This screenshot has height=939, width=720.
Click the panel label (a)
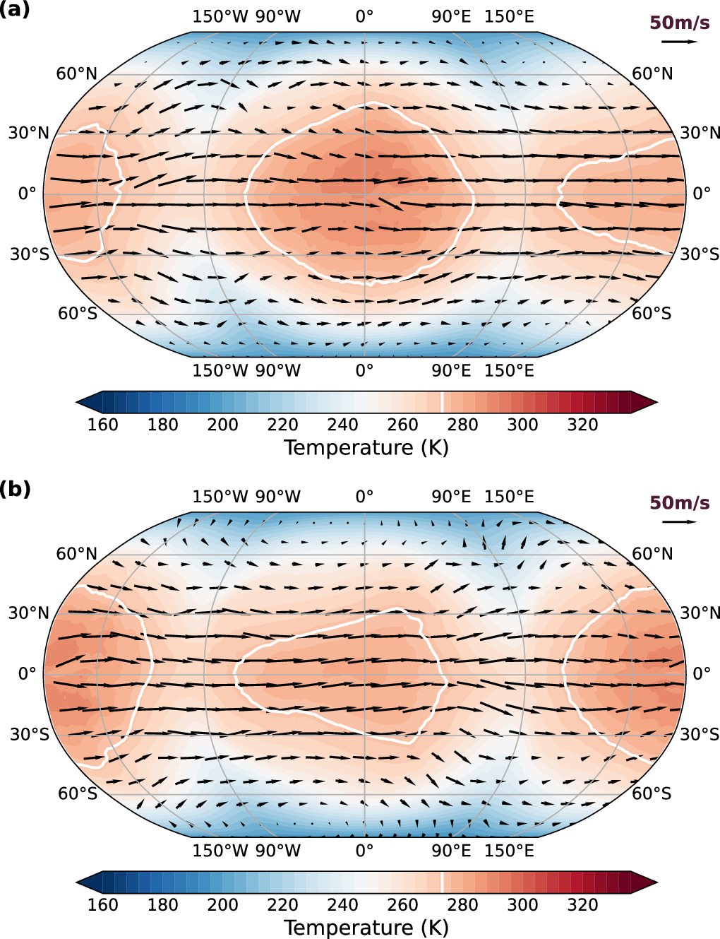[x=15, y=9]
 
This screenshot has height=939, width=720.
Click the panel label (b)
[x=15, y=488]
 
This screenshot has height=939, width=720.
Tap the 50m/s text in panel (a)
[x=679, y=23]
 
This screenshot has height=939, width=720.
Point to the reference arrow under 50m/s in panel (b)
[x=679, y=522]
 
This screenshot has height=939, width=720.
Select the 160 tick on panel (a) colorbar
[x=102, y=425]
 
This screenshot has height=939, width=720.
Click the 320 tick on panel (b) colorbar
[x=582, y=904]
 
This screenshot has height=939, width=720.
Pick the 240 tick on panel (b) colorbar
[x=342, y=904]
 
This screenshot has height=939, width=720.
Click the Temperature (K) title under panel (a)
[x=366, y=448]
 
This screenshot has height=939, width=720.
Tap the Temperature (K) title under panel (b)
[x=366, y=927]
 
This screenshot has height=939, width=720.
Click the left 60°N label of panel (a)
[x=76, y=74]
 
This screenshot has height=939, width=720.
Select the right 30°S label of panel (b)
[x=699, y=734]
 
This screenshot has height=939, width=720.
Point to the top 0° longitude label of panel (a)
[x=364, y=16]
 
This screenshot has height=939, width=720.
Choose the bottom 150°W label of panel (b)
[x=220, y=851]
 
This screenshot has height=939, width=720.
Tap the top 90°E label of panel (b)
[x=451, y=497]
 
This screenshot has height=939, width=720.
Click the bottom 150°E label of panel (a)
[x=509, y=371]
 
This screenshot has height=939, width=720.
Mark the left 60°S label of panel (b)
[x=77, y=793]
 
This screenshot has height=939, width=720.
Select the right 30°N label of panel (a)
[x=700, y=133]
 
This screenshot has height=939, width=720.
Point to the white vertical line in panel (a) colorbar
[x=443, y=402]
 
